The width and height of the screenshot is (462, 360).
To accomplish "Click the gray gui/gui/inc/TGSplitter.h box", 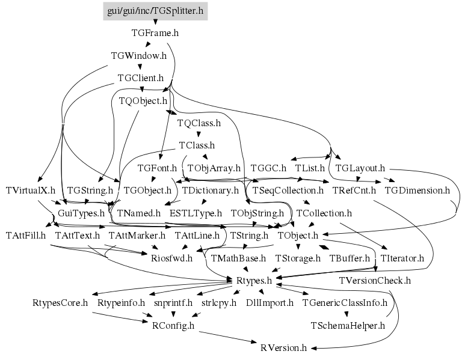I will (155, 10).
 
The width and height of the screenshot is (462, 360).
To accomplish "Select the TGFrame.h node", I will (155, 33).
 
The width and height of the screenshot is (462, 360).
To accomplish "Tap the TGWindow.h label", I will (139, 55).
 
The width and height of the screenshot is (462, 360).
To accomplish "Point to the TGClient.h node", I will (141, 78).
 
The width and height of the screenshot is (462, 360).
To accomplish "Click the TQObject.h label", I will (143, 100).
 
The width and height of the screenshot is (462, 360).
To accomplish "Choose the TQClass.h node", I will (199, 123).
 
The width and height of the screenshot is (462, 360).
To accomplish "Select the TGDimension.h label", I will (417, 190).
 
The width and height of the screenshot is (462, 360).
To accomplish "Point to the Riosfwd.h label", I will (171, 258).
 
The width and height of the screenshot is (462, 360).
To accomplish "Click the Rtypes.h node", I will (253, 280).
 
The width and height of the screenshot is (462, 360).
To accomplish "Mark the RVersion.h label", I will (284, 347).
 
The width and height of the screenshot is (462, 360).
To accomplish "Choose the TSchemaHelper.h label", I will (348, 325).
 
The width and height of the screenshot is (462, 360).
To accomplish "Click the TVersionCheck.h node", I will (375, 280).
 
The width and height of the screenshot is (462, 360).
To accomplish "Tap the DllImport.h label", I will (269, 302).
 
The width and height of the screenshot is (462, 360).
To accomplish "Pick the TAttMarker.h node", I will (137, 234).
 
